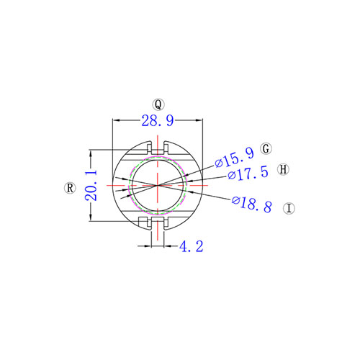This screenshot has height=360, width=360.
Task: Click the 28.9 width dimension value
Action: (x=158, y=120)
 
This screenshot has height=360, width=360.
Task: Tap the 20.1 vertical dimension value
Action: (x=91, y=185)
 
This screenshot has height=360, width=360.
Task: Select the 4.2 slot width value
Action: (x=192, y=246)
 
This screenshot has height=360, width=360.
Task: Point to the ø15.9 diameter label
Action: (x=234, y=158)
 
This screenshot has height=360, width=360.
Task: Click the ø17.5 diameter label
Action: (x=248, y=174)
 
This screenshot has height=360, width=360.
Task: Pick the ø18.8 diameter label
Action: (x=252, y=204)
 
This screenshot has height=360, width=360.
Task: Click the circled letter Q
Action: (x=158, y=104)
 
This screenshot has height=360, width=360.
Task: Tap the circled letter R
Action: (x=70, y=188)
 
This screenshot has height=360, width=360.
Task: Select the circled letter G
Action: (x=266, y=148)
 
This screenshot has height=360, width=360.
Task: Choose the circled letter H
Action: (x=283, y=169)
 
